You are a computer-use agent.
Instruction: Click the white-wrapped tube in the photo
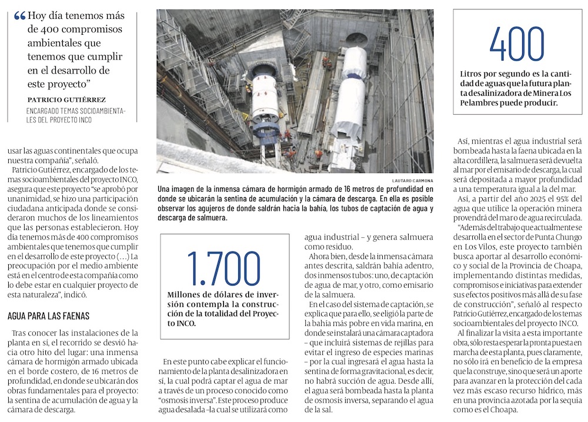tap(350, 100)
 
